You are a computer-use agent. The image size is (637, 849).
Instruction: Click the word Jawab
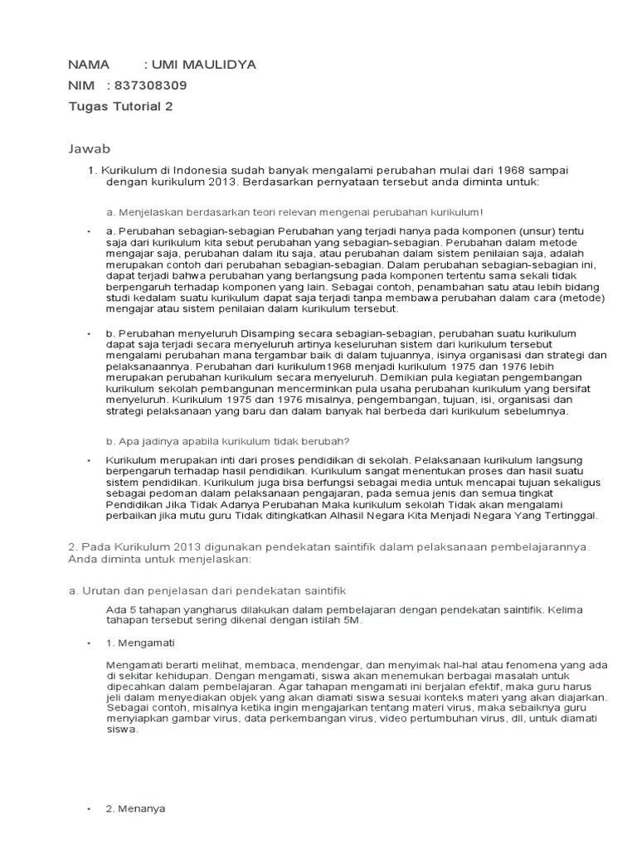pos(88,148)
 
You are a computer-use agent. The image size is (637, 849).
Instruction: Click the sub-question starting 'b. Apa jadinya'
pos(220,440)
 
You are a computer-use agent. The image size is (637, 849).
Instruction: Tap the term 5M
pos(353,619)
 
